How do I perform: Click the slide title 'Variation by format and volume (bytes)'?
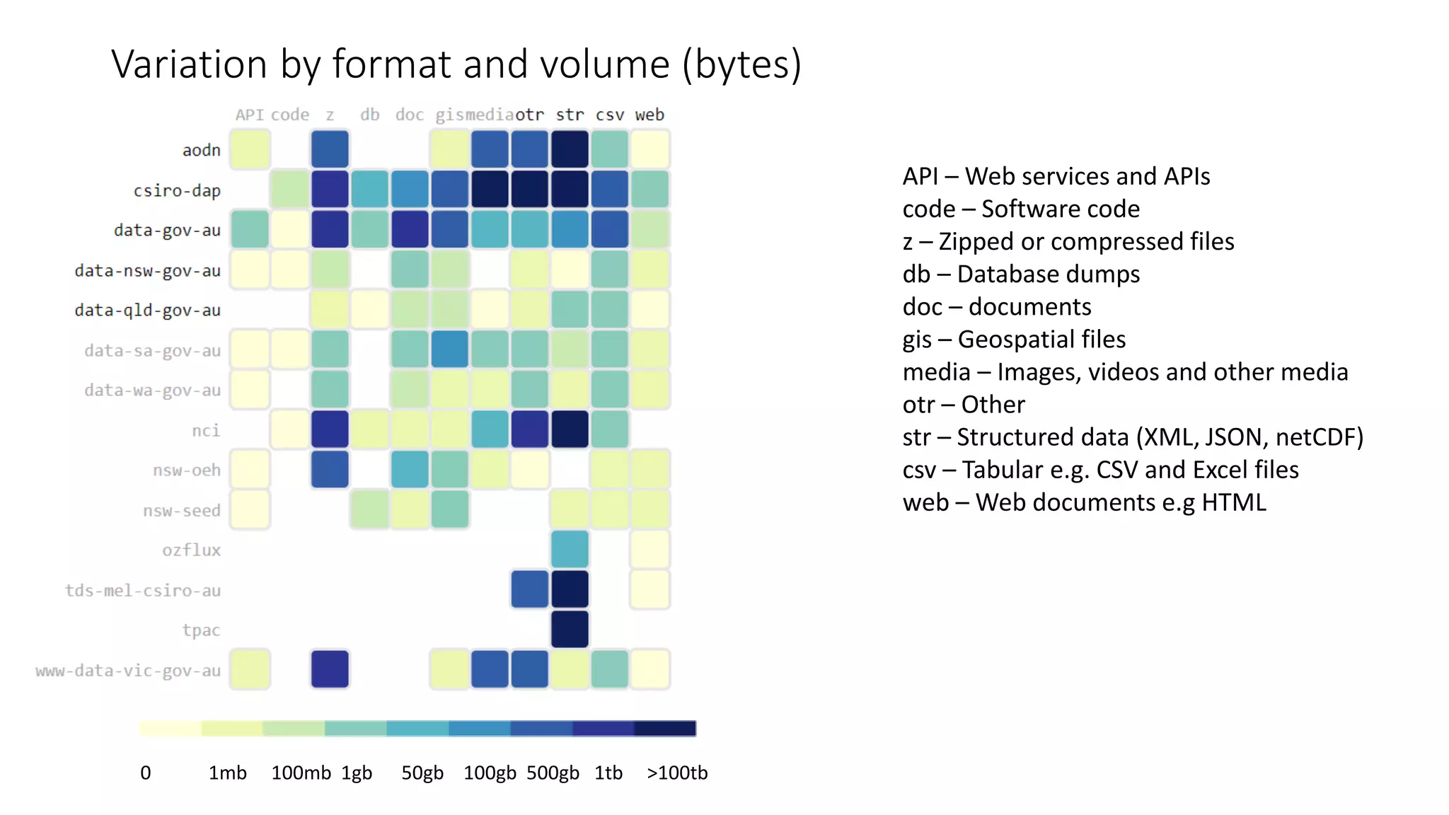(456, 65)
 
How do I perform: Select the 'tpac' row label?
(201, 630)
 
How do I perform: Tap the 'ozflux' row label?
(191, 550)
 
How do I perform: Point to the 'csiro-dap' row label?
(177, 191)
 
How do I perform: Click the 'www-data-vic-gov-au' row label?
(128, 671)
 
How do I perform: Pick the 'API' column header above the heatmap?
(249, 115)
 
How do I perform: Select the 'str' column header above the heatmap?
(570, 115)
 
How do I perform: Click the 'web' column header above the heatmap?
(650, 115)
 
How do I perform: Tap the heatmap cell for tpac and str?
(570, 630)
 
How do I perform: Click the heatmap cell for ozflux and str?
(570, 550)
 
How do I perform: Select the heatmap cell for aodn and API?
(250, 150)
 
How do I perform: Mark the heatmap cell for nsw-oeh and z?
(330, 470)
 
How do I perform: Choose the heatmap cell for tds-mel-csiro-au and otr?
(530, 589)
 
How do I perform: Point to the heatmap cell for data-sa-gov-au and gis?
(449, 349)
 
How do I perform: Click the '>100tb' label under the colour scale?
(677, 773)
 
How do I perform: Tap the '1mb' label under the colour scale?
(227, 773)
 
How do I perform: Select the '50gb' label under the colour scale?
(422, 773)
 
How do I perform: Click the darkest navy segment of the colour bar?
(665, 729)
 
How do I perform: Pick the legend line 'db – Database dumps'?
(1021, 274)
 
